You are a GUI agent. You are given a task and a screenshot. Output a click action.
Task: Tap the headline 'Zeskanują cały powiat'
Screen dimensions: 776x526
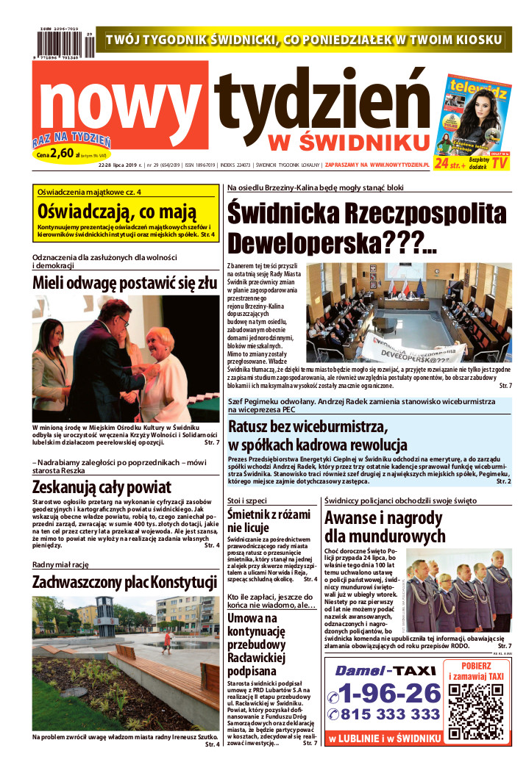click(102, 486)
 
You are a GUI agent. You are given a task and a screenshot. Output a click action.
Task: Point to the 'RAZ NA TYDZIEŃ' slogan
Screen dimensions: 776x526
click(71, 139)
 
